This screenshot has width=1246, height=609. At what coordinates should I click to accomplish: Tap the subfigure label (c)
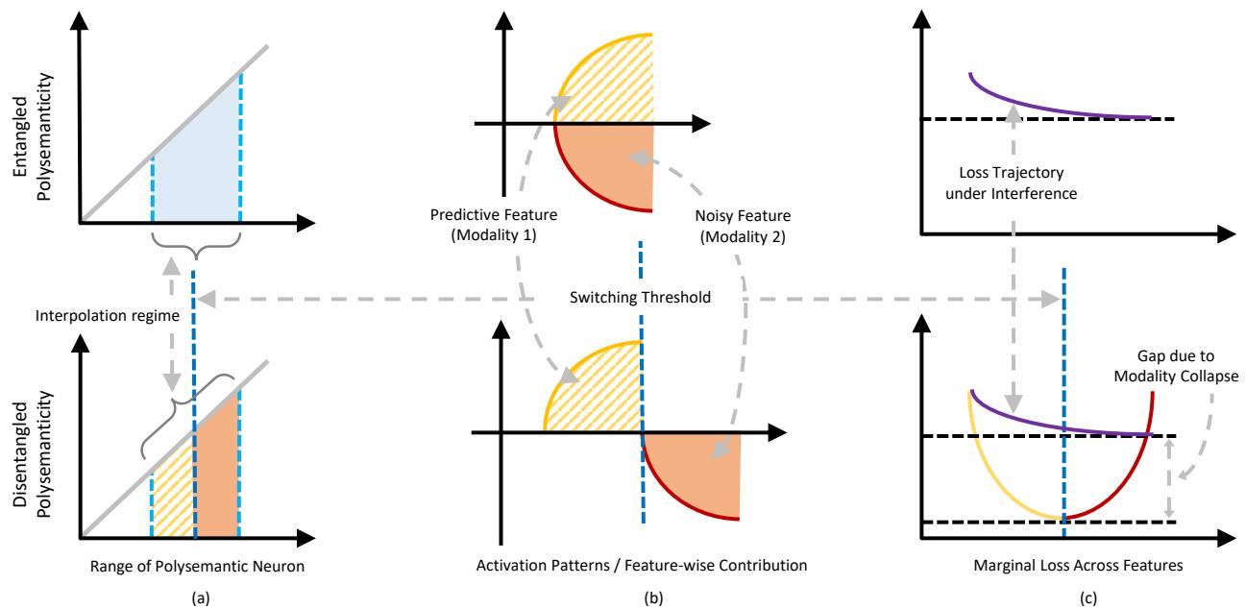click(x=1064, y=596)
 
